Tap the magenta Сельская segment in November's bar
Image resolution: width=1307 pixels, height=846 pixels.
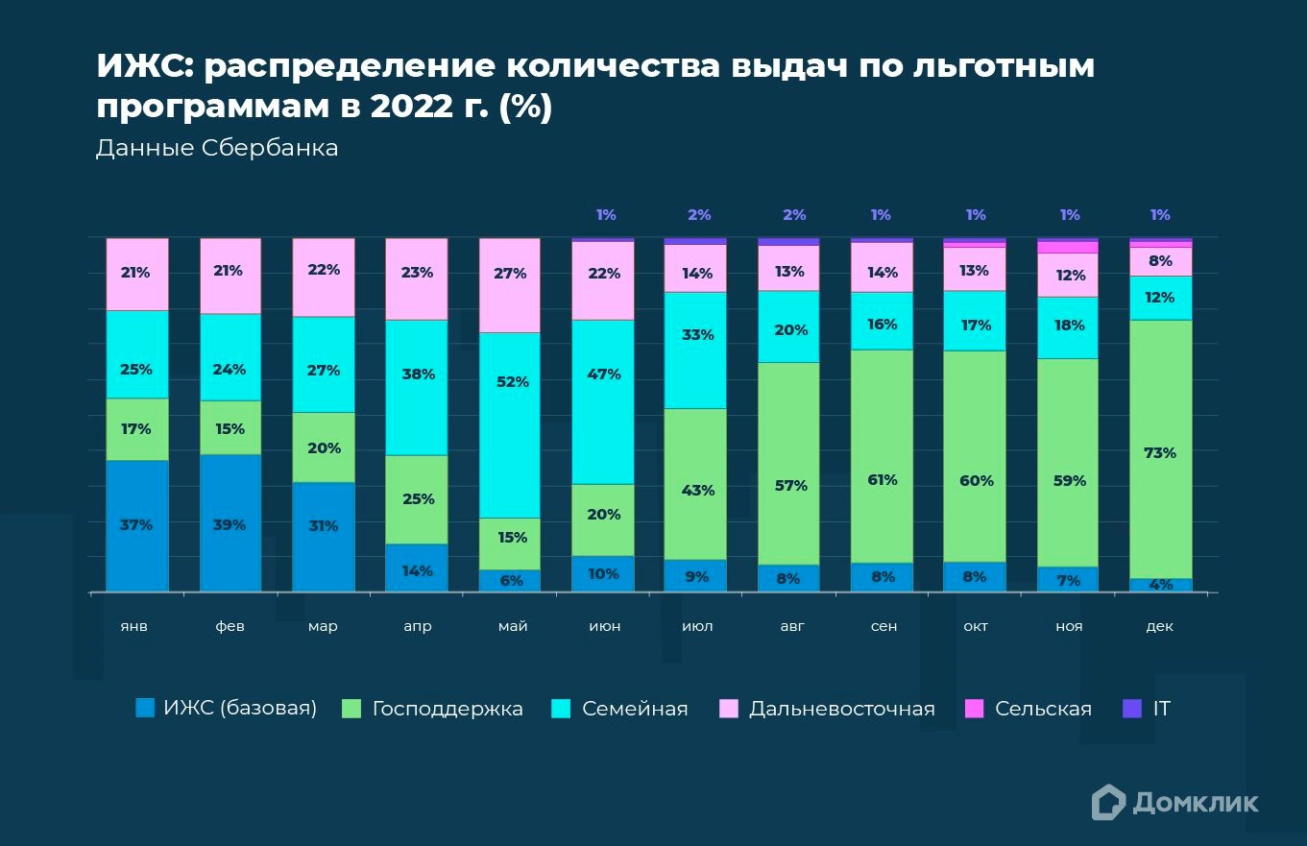(x=1068, y=247)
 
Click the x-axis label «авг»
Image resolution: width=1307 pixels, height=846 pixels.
(x=791, y=626)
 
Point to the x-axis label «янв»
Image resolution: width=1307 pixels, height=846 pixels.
(x=135, y=626)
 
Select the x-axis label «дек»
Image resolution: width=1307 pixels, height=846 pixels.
(x=1159, y=626)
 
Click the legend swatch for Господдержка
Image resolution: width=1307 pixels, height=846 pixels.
(x=352, y=709)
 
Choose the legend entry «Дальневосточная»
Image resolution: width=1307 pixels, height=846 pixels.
(x=841, y=709)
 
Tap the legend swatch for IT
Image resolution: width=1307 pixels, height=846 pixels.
(x=1133, y=709)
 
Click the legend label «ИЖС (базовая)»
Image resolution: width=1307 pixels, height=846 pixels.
(x=239, y=709)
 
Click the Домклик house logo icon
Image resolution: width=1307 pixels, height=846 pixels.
(x=1108, y=802)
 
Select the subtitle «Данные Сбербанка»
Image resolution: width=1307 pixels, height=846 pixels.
(x=217, y=149)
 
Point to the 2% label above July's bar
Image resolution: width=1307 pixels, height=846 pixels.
(x=699, y=215)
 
